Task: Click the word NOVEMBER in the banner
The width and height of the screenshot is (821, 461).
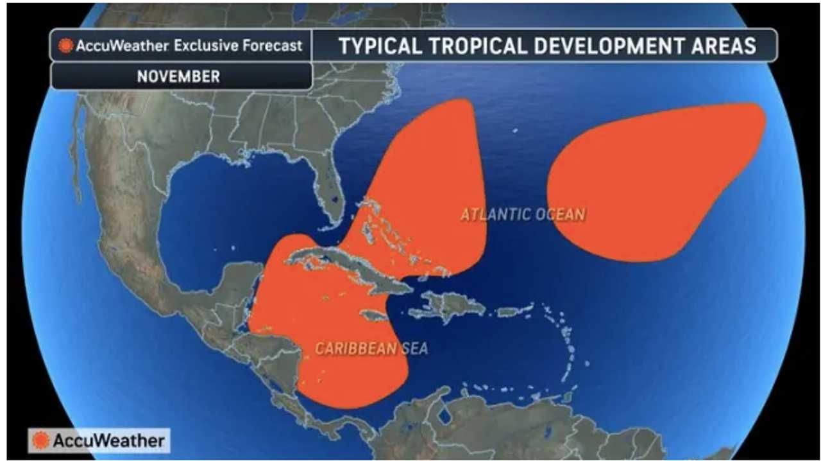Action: pyautogui.click(x=178, y=76)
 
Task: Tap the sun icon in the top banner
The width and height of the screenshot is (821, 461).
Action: pyautogui.click(x=65, y=46)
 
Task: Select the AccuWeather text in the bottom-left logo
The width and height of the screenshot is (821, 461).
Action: pyautogui.click(x=108, y=441)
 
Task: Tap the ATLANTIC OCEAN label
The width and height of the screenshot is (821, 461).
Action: pyautogui.click(x=523, y=214)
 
